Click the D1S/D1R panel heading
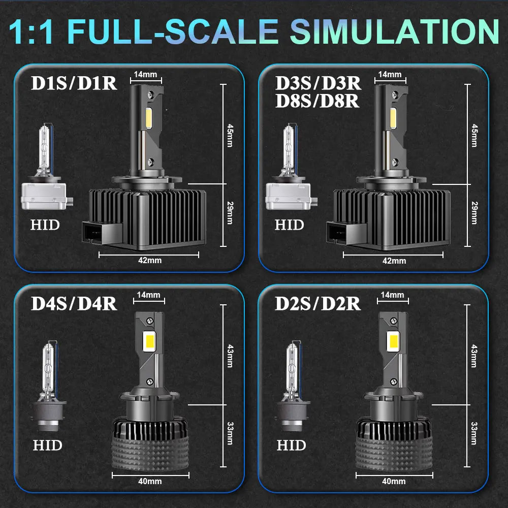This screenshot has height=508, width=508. [x=74, y=83]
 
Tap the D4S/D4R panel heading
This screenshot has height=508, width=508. [x=74, y=303]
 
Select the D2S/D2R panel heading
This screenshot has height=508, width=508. [x=318, y=303]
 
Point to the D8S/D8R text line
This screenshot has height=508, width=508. [x=317, y=101]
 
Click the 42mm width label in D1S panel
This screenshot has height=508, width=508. [x=150, y=261]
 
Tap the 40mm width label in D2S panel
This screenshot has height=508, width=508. [x=394, y=481]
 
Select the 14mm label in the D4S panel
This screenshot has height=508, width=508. [x=148, y=295]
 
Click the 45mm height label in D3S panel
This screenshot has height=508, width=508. [x=474, y=135]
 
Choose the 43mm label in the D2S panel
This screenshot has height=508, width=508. [x=474, y=356]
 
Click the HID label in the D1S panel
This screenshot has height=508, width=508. [x=45, y=225]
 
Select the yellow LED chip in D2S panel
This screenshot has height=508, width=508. [x=392, y=340]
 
